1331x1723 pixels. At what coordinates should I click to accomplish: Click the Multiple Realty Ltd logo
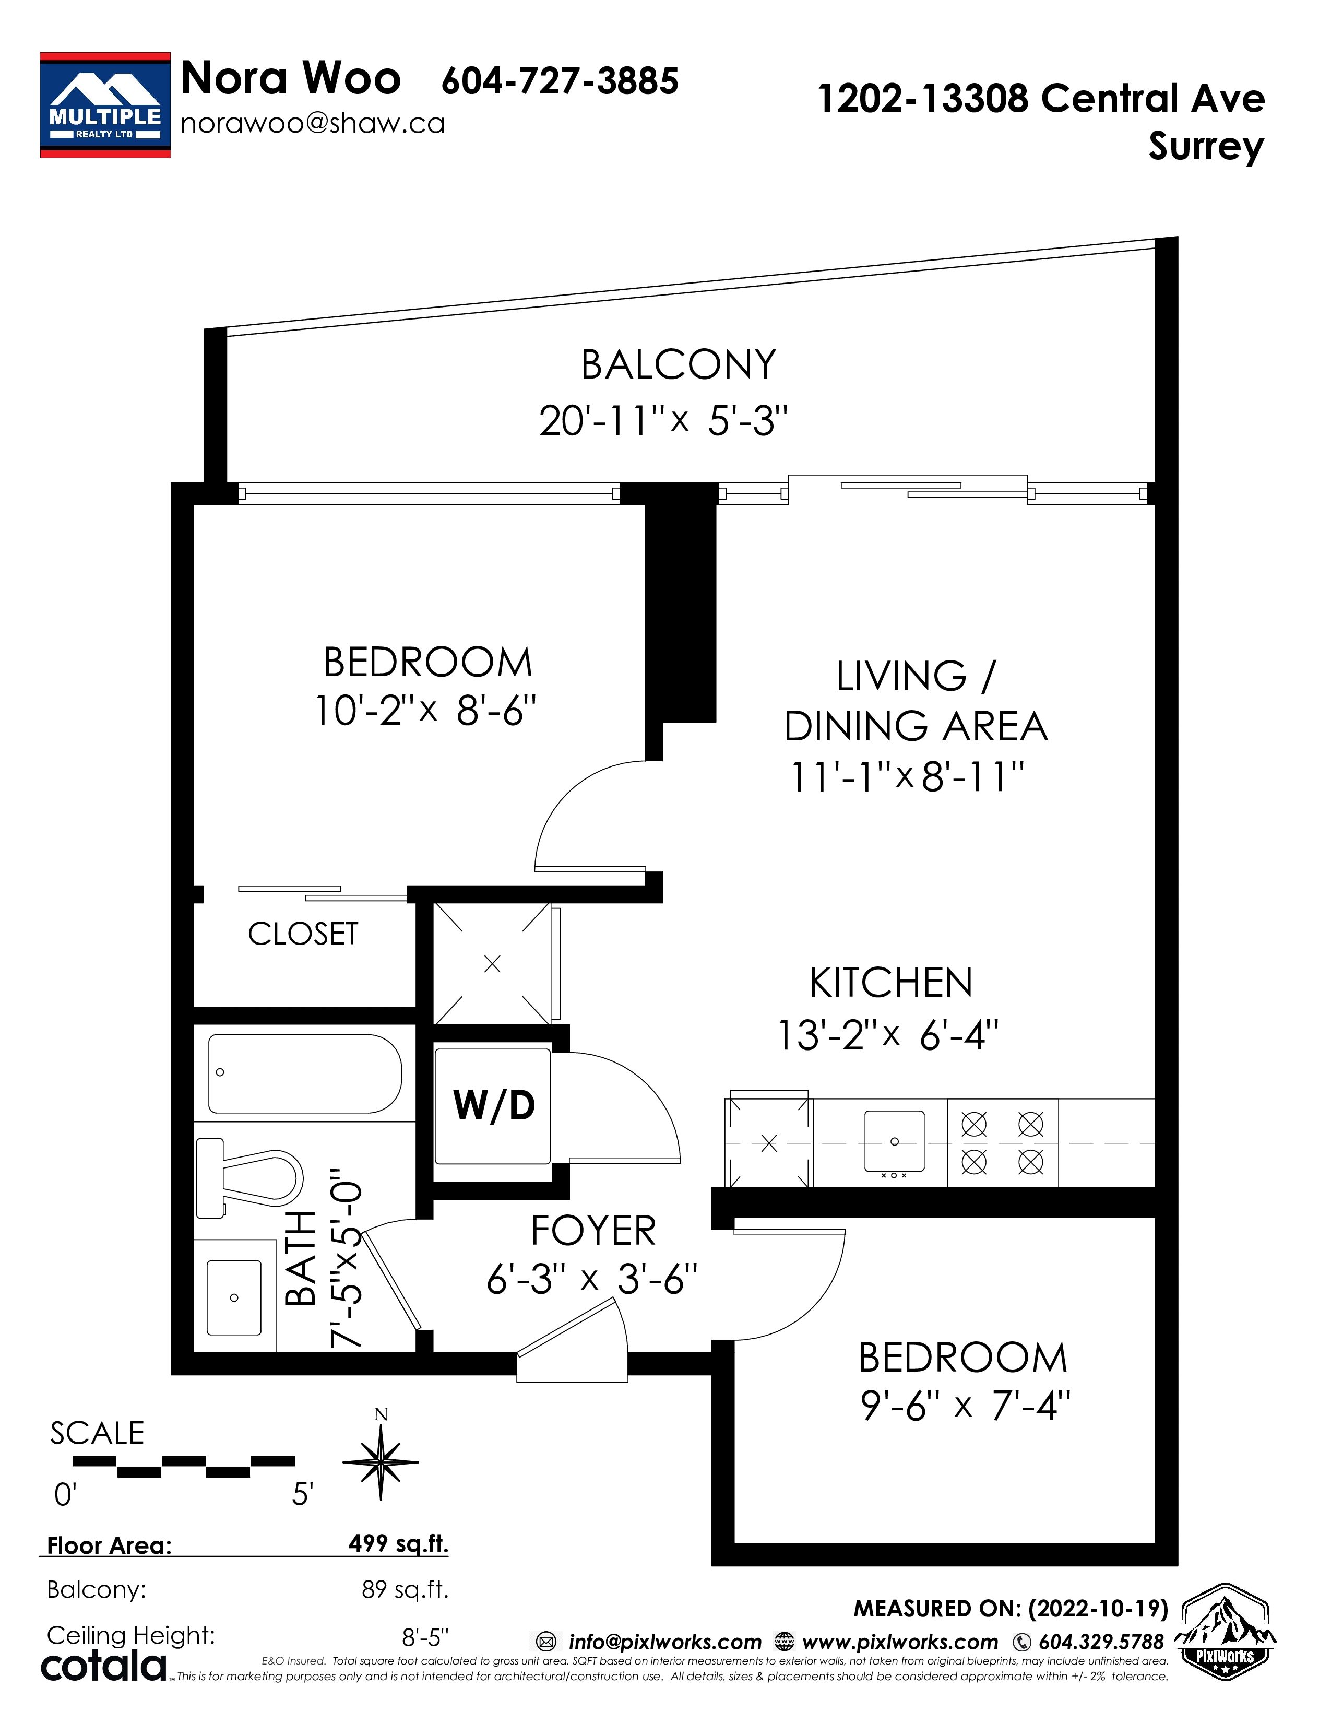click(x=105, y=105)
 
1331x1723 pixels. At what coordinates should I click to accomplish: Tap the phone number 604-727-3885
click(x=560, y=80)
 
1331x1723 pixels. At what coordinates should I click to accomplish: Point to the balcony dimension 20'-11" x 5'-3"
click(x=663, y=420)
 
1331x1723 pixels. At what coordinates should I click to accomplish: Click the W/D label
click(x=494, y=1105)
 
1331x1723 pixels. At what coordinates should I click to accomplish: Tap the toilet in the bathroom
click(x=249, y=1178)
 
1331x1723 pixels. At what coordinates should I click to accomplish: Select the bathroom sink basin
click(x=234, y=1297)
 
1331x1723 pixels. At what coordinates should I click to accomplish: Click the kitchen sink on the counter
click(x=894, y=1141)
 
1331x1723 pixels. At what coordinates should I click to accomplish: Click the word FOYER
click(x=593, y=1231)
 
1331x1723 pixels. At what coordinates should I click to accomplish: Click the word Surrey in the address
click(x=1206, y=147)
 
